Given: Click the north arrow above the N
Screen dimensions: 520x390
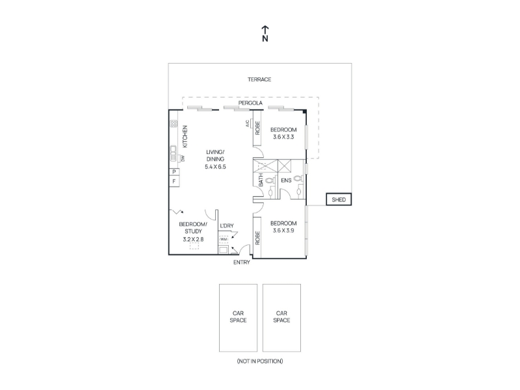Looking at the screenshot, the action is pyautogui.click(x=265, y=29).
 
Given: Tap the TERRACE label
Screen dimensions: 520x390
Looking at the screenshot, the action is pyautogui.click(x=259, y=79).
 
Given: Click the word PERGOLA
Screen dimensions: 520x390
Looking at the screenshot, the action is pyautogui.click(x=250, y=103).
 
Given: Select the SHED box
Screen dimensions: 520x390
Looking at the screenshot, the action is pyautogui.click(x=339, y=200).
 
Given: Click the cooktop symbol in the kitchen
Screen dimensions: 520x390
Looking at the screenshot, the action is pyautogui.click(x=174, y=124).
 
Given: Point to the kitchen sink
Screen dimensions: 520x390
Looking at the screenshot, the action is pyautogui.click(x=174, y=153).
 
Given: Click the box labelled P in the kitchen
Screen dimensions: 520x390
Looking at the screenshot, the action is pyautogui.click(x=174, y=172).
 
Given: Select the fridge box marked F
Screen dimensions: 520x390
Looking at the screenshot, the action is pyautogui.click(x=174, y=181).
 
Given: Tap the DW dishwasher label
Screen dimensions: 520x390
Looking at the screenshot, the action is pyautogui.click(x=183, y=159).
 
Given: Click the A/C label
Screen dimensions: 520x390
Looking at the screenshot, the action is pyautogui.click(x=248, y=123).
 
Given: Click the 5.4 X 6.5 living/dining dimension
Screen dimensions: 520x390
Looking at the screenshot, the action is pyautogui.click(x=215, y=167).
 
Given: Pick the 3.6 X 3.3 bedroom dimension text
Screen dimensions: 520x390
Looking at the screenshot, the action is pyautogui.click(x=283, y=137).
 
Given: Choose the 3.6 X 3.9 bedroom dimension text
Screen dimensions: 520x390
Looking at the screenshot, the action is pyautogui.click(x=283, y=231).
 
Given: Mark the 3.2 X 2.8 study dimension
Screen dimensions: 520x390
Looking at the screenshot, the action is pyautogui.click(x=193, y=239).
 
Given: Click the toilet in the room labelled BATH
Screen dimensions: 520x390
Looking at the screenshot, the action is pyautogui.click(x=270, y=181).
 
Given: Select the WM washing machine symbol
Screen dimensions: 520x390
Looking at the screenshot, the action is pyautogui.click(x=224, y=239).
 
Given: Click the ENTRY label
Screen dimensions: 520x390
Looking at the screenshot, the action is pyautogui.click(x=241, y=263).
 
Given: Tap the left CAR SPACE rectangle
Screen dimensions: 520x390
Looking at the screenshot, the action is pyautogui.click(x=238, y=318).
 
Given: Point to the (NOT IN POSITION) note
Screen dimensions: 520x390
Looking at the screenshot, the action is pyautogui.click(x=260, y=361).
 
